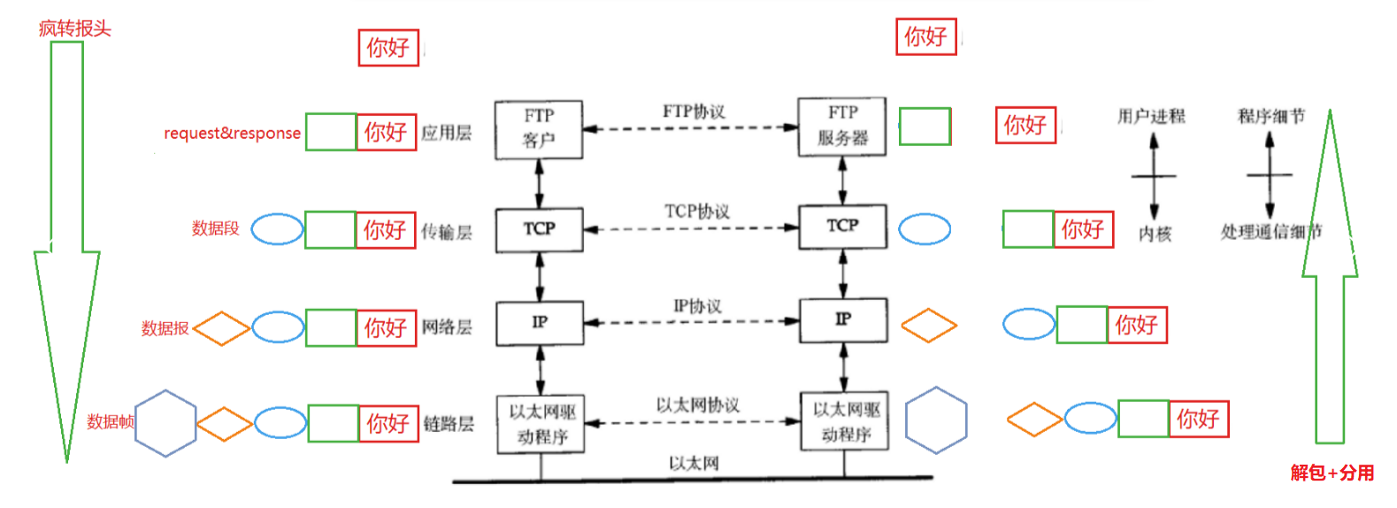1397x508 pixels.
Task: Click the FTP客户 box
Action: coord(538,129)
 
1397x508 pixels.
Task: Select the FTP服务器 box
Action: coord(841,127)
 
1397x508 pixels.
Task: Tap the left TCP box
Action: coord(539,229)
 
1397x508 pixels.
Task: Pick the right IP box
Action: coord(843,319)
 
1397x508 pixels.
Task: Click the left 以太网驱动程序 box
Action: coord(541,424)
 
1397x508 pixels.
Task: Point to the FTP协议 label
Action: coord(694,112)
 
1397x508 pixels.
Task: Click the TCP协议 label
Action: coord(697,212)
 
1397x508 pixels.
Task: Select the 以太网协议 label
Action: coord(697,405)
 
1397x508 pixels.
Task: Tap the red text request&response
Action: coord(232,134)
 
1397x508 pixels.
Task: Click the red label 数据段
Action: coord(216,228)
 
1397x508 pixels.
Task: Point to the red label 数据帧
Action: coord(110,422)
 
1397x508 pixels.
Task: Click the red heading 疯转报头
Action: coord(74,28)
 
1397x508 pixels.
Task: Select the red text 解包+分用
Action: coord(1332,473)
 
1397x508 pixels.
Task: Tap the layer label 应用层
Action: coord(446,134)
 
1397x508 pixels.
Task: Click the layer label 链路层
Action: coord(448,424)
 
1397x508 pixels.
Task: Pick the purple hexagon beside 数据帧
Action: coord(165,423)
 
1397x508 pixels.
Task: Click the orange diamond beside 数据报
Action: coord(221,328)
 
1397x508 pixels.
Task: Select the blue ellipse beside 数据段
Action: coord(277,229)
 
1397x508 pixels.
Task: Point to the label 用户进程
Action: coord(1150,116)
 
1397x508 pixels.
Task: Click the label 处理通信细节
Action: coord(1270,232)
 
